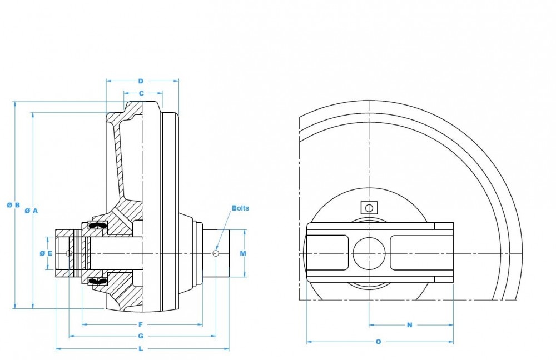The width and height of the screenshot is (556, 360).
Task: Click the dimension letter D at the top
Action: (141, 81)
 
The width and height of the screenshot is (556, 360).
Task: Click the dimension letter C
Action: (141, 93)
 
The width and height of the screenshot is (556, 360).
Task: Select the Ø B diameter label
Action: (14, 205)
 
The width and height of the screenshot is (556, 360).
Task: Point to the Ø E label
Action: (46, 253)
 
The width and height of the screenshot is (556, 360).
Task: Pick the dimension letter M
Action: (243, 253)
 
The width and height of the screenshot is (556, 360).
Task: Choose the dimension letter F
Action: (141, 324)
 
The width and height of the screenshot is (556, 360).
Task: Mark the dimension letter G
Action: (141, 336)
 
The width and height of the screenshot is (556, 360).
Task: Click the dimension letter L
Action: (141, 349)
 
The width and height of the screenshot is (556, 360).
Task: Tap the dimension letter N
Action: (410, 325)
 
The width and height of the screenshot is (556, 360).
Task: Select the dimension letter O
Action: (379, 342)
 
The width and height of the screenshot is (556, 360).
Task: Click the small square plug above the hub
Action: (368, 207)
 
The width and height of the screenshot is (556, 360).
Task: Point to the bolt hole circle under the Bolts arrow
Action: (216, 253)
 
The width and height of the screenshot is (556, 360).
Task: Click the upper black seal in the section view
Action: (98, 226)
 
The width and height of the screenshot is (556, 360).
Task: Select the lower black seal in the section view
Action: (98, 281)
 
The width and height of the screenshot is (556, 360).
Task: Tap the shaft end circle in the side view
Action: (369, 253)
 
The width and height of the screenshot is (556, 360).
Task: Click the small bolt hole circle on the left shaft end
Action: (69, 253)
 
